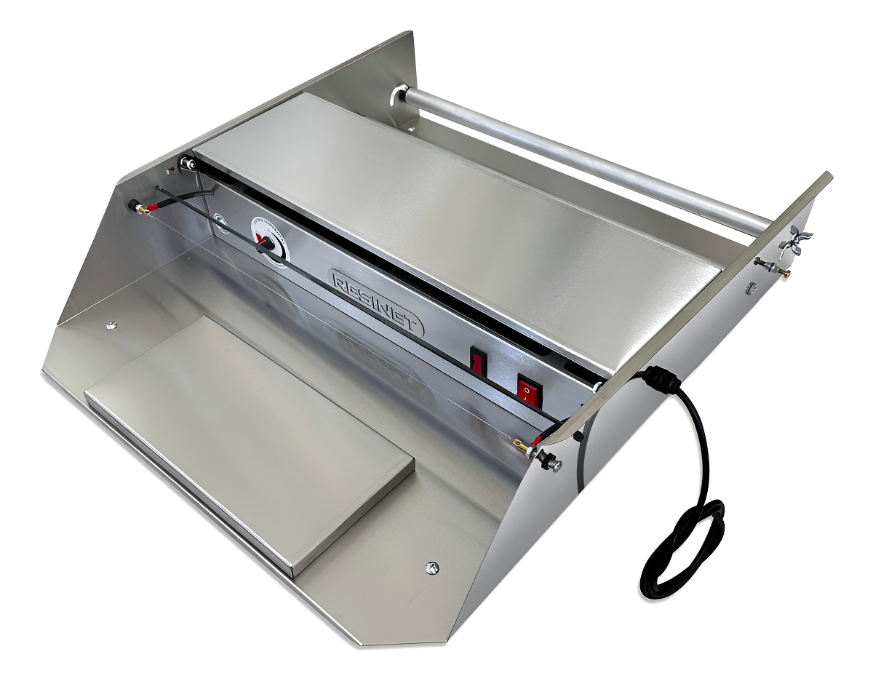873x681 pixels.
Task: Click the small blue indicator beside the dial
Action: click(x=220, y=220)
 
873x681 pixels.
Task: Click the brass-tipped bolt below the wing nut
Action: click(x=771, y=267)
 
